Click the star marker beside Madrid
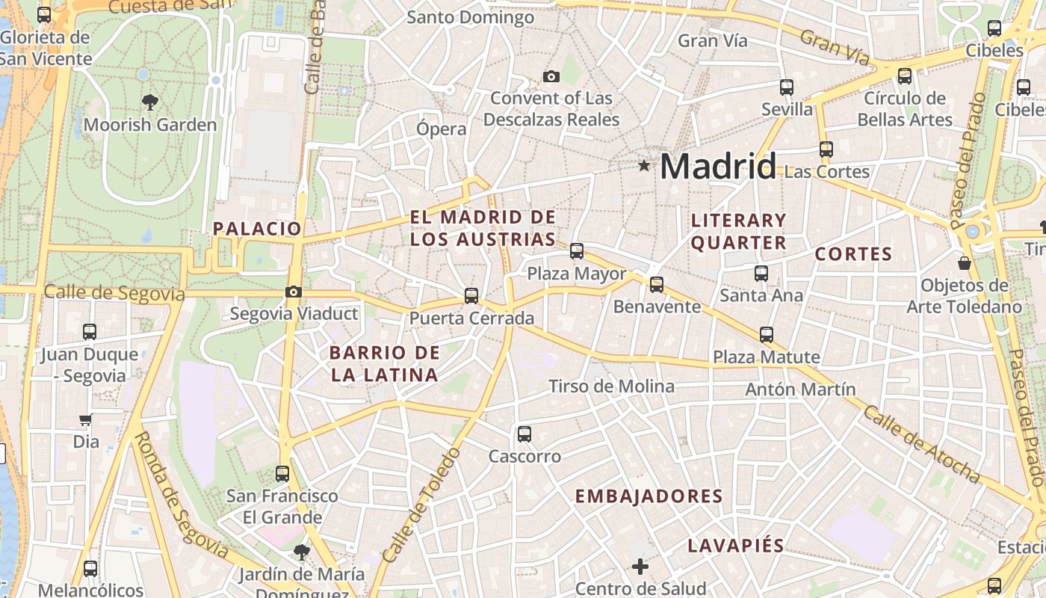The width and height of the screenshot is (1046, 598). (x=644, y=165)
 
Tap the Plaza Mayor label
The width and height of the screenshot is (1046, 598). (x=576, y=274)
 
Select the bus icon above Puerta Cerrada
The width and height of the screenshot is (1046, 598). (x=471, y=296)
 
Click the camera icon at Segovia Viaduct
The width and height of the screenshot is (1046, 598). (x=294, y=292)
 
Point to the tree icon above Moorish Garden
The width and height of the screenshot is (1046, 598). (x=150, y=102)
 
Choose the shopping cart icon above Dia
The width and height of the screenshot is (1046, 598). (x=86, y=420)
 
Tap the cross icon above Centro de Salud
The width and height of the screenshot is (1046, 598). (x=640, y=567)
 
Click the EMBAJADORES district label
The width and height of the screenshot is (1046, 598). (x=649, y=496)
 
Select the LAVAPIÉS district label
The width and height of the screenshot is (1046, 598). (x=736, y=546)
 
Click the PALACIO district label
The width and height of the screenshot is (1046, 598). (x=257, y=229)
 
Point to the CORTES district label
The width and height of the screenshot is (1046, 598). (x=853, y=254)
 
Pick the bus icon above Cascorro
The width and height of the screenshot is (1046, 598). (x=524, y=434)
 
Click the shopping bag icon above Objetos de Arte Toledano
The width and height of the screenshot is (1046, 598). (x=965, y=263)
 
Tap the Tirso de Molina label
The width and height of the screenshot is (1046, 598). (x=611, y=386)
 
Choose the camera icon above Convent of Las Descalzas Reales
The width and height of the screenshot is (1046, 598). (x=551, y=76)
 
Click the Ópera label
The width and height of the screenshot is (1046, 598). (x=441, y=129)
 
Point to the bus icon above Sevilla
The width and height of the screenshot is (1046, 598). (x=786, y=87)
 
